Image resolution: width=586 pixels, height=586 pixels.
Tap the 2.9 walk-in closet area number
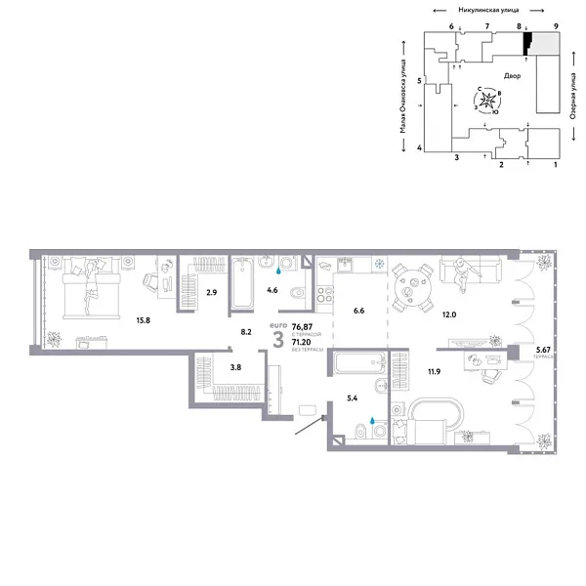(210, 292)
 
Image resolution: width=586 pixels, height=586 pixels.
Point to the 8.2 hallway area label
(246, 332)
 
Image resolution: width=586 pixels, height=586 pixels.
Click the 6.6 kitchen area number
(358, 311)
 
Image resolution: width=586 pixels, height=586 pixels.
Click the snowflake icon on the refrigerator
(378, 264)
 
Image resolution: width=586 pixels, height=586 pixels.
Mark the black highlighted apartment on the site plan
(527, 42)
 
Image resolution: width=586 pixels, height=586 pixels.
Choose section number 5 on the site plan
(419, 81)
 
